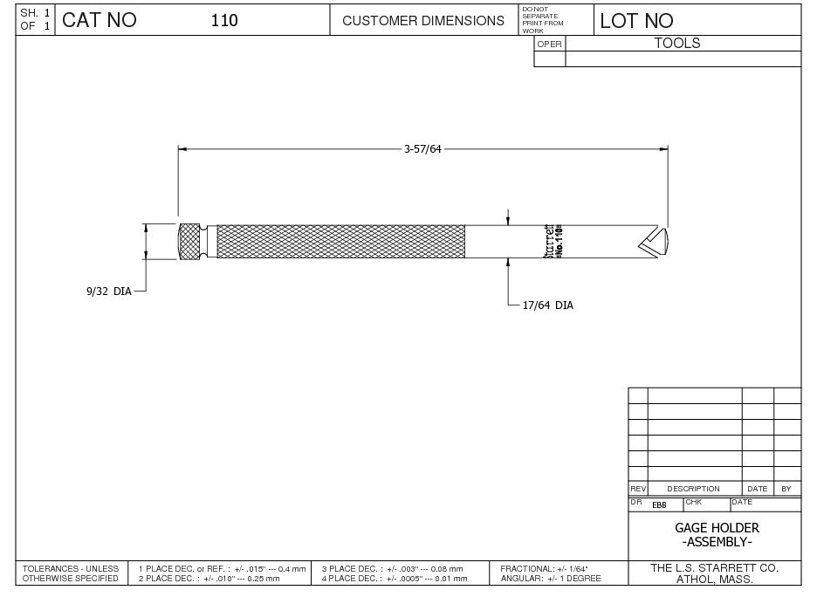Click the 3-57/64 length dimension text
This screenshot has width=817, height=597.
coord(422,149)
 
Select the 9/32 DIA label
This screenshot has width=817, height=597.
coord(108,292)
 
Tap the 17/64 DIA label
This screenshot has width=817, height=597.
coord(547,305)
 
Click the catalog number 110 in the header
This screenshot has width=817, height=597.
coord(224,20)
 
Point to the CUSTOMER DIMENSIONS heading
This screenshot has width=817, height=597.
coord(423,20)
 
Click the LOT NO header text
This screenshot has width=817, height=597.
coord(636,21)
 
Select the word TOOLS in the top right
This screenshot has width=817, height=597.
coord(677,43)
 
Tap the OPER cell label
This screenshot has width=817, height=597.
coord(549,44)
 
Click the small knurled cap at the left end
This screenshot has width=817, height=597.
coord(189,241)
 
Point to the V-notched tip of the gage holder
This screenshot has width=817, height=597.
coord(654,241)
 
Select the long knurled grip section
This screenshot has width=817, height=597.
coord(340,241)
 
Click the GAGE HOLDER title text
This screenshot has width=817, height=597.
coord(717,528)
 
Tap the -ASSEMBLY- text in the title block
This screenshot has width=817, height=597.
coord(717,542)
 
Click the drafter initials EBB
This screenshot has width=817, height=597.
coord(659,505)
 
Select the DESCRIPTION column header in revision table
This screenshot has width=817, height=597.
coord(693,489)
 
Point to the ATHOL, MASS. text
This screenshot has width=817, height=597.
coord(717,580)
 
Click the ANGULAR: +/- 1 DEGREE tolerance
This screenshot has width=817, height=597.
coord(550,579)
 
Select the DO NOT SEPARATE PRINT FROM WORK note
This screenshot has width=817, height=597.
coord(542,20)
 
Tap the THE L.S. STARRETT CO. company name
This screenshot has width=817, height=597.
coord(714,567)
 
